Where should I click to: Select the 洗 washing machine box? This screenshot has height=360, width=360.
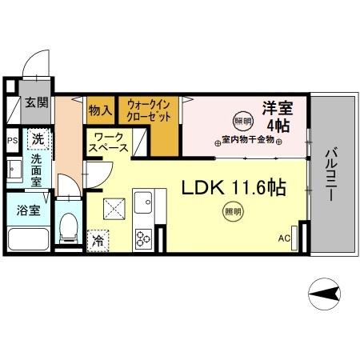pos(38,138)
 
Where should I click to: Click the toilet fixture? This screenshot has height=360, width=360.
pos(69,226)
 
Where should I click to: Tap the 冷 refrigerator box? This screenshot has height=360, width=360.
pos(98,238)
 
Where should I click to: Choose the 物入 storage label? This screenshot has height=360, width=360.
pos(100,110)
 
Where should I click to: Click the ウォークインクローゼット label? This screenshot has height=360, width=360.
pos(149,110)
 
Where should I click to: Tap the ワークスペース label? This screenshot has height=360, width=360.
pos(109,142)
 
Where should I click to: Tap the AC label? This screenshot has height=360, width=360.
pos(284,238)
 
